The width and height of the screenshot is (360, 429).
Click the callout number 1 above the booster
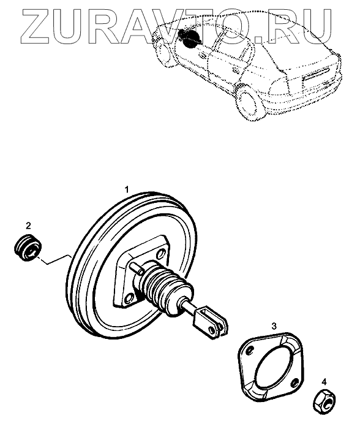click(x=127, y=189)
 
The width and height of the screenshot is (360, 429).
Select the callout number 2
click(x=28, y=226)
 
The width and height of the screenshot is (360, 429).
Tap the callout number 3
click(x=274, y=326)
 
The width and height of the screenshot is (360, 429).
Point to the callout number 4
click(x=324, y=382)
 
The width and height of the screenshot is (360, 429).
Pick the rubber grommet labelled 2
click(x=28, y=248)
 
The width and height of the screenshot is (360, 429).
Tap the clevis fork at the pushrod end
click(x=210, y=322)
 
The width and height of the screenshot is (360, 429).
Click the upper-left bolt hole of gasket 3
click(x=249, y=350)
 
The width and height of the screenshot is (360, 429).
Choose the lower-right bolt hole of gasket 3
click(x=294, y=382)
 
